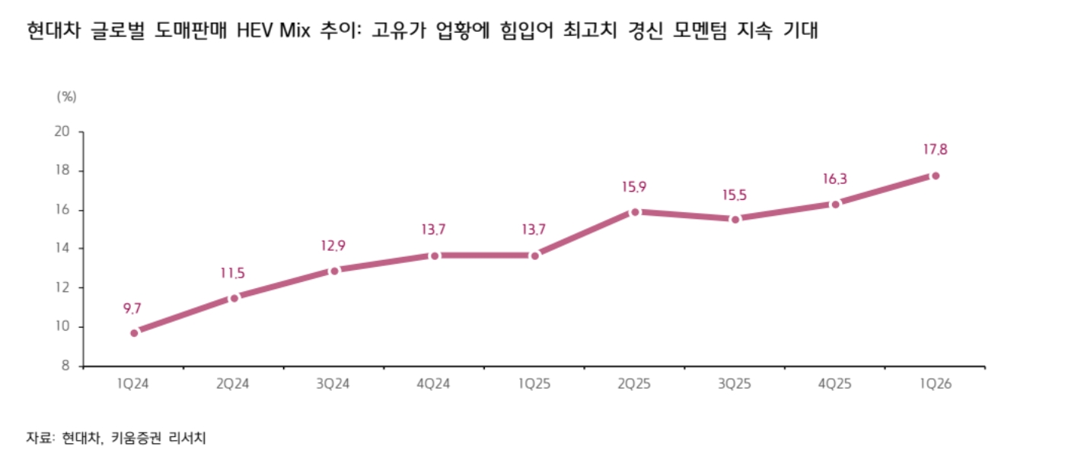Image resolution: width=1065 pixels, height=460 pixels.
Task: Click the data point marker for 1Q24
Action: coord(135,332)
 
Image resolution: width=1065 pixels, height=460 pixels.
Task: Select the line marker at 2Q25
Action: coord(635,212)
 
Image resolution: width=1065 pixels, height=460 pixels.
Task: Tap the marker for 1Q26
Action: coord(936,176)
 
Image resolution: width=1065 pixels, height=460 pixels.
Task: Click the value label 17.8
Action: coord(935,150)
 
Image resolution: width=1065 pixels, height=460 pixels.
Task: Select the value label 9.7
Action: coord(132,308)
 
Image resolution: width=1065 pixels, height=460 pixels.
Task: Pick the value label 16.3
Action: coord(835,179)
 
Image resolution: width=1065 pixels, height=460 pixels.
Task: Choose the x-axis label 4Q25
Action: coord(835,384)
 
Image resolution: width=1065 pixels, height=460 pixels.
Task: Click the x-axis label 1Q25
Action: coord(534,384)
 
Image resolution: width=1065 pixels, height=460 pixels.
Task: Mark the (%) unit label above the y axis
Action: coord(67,97)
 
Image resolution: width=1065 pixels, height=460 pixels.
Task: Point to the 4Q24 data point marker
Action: coord(435,255)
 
